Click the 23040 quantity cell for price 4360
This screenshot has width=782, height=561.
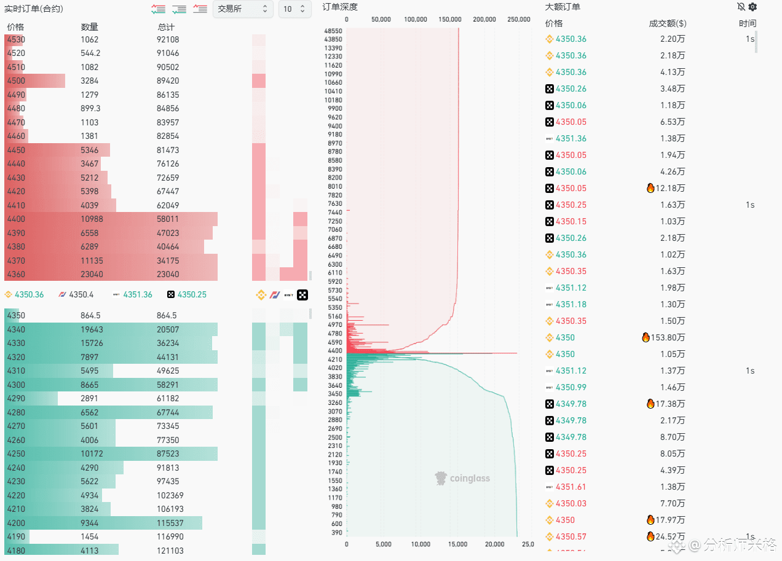[91, 275]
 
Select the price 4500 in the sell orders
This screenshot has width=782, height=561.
[16, 81]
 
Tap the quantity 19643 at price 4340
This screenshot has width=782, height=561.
[92, 329]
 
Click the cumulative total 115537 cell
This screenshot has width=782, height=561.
[170, 523]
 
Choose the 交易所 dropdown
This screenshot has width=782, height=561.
[243, 9]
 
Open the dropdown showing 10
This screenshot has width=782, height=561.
[294, 9]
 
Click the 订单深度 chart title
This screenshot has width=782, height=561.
[340, 7]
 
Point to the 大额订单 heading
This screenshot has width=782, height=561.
[563, 7]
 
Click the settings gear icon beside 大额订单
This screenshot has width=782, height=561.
[752, 7]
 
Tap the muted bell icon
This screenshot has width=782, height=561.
[741, 7]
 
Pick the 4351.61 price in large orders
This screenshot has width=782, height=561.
[571, 487]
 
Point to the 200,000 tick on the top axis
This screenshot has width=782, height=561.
[484, 20]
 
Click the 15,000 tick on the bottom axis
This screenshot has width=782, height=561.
[458, 544]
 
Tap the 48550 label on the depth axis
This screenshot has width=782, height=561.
[333, 31]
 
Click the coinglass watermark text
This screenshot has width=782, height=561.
[470, 478]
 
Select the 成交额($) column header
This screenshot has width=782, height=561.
[667, 23]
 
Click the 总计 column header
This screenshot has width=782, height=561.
[166, 27]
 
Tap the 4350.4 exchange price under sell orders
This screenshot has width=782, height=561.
[81, 295]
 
